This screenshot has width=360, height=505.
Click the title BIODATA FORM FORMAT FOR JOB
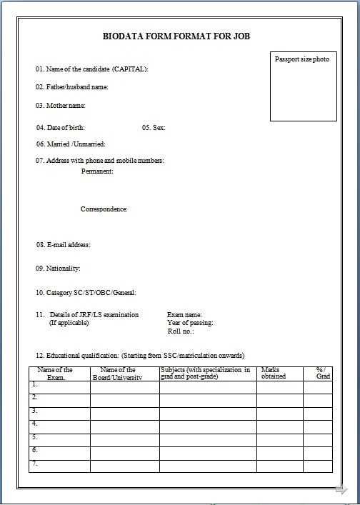coord(176,36)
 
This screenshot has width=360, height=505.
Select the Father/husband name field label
coord(72,87)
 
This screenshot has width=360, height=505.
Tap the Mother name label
coord(61,106)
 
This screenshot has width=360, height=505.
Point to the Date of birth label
coord(61,128)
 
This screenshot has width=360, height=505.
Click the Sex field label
coord(154,128)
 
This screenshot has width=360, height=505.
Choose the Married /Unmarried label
coord(71,144)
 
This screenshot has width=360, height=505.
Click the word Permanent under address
coord(97,171)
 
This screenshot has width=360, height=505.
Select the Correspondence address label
coord(104,209)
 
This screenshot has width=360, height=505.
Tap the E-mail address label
coord(64,245)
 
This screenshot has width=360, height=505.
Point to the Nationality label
coord(58,269)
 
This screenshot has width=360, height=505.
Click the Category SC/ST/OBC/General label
coord(86,293)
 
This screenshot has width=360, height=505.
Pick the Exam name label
coord(184,315)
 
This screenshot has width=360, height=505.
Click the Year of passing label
coord(190,323)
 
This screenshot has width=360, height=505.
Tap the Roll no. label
coord(181,331)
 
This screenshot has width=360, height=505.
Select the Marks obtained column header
coord(274,373)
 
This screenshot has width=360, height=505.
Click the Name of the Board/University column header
coord(118,373)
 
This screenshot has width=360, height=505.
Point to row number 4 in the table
coord(34,424)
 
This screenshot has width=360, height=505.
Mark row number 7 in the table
coord(34,464)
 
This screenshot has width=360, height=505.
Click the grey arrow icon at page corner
coord(341,489)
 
